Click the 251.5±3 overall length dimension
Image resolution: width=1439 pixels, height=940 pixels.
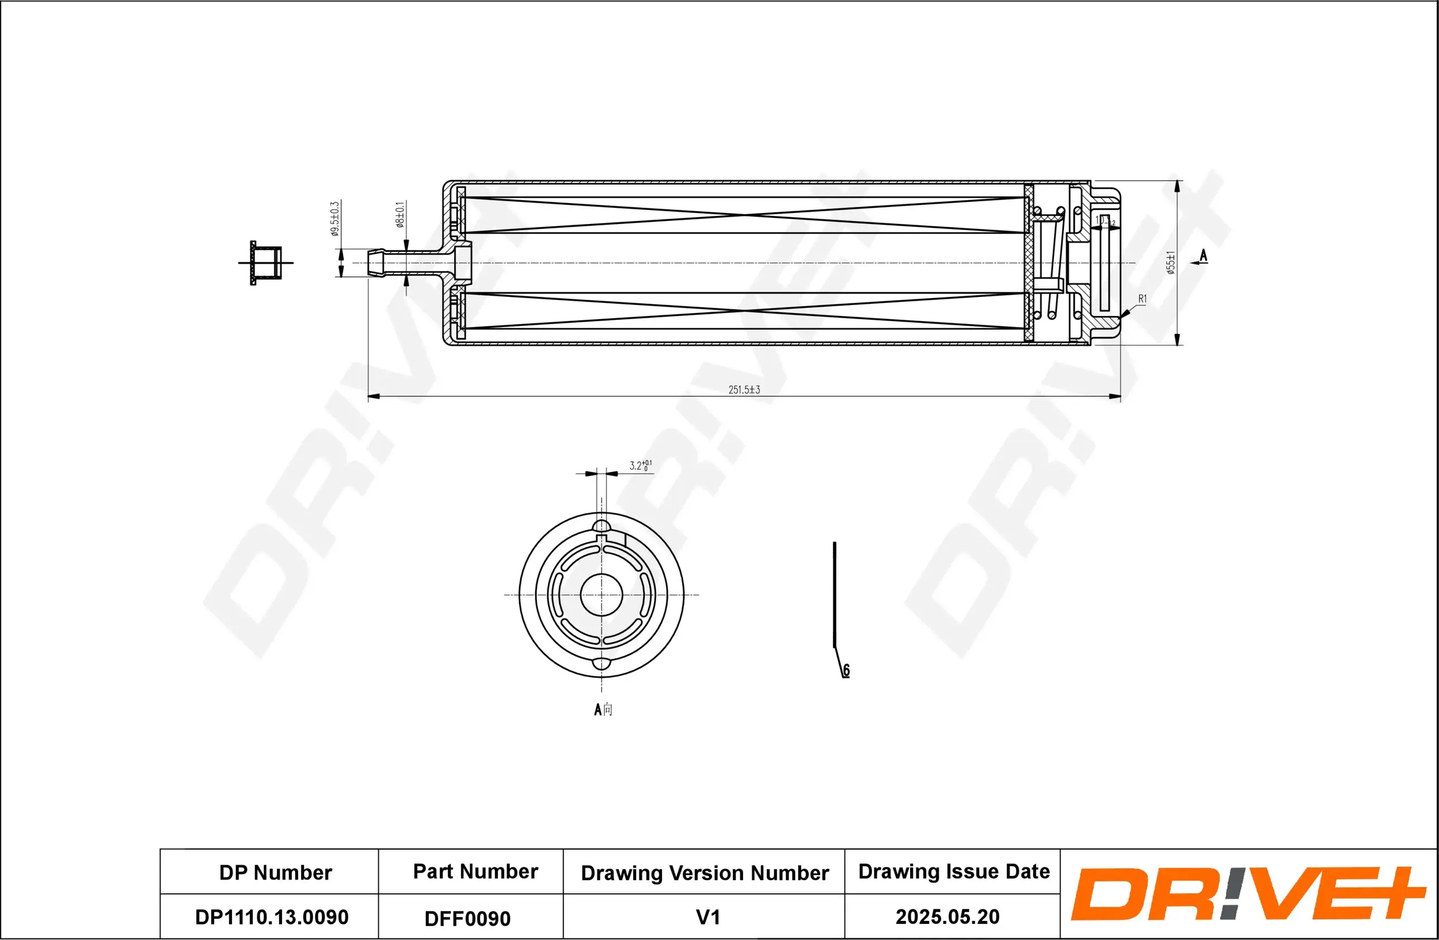pyautogui.click(x=744, y=390)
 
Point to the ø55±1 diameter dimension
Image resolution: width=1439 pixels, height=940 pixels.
pyautogui.click(x=1171, y=262)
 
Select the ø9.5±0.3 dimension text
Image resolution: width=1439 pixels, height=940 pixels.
pyautogui.click(x=335, y=219)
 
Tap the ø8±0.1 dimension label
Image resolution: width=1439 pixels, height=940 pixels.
pyautogui.click(x=399, y=215)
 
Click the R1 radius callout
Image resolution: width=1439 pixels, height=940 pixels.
pyautogui.click(x=1142, y=299)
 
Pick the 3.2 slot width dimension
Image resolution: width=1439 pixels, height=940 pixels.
pyautogui.click(x=639, y=466)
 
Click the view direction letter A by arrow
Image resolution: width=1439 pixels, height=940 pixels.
pyautogui.click(x=1203, y=256)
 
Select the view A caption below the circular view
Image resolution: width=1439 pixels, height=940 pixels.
pyautogui.click(x=603, y=709)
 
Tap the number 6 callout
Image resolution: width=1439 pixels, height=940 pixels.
pyautogui.click(x=846, y=670)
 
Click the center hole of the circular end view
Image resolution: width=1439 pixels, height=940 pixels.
pyautogui.click(x=601, y=594)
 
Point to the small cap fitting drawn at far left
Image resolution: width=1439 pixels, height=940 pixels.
pyautogui.click(x=266, y=263)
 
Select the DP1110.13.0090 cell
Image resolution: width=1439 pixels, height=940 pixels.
pyautogui.click(x=272, y=917)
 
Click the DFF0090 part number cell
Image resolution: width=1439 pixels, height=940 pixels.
pyautogui.click(x=467, y=918)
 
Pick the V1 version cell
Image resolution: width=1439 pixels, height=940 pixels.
pyautogui.click(x=707, y=917)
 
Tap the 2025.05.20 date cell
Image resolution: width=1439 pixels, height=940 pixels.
pyautogui.click(x=947, y=916)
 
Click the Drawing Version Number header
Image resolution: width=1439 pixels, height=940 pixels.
pyautogui.click(x=705, y=873)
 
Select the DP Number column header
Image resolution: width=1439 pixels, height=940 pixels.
pyautogui.click(x=275, y=872)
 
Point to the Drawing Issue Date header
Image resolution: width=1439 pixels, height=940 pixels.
pyautogui.click(x=954, y=871)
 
